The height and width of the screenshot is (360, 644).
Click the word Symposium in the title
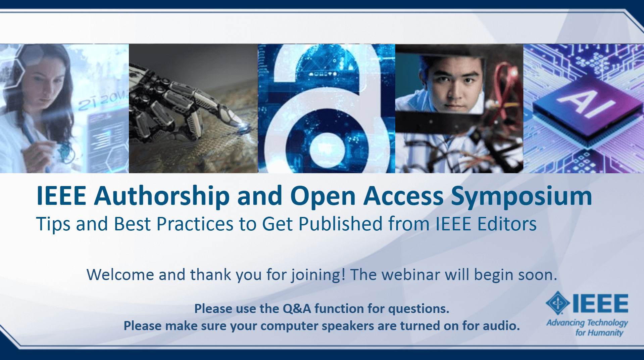521,196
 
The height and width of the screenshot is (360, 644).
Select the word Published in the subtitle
340,224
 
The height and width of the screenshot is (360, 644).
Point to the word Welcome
120,275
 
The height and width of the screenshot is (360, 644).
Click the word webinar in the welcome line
411,275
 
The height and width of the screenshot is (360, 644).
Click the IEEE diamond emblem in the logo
558,303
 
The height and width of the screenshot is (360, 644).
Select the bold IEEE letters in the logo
600,303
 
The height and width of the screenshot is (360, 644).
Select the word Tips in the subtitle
53,224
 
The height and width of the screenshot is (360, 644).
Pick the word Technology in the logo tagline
607,323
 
